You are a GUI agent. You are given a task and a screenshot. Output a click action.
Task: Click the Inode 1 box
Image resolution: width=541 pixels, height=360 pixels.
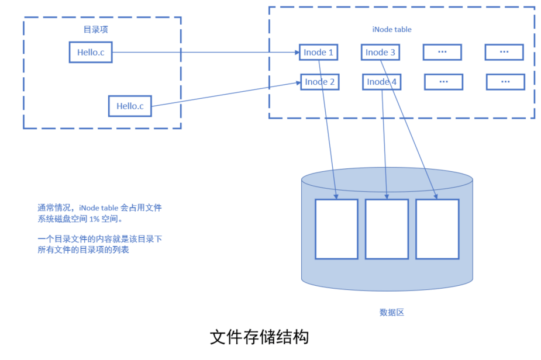tap(319, 53)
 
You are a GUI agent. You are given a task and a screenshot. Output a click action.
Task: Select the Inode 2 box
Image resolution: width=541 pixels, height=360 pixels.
tap(320, 82)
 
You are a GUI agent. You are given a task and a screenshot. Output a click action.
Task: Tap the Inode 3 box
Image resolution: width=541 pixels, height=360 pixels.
tap(380, 53)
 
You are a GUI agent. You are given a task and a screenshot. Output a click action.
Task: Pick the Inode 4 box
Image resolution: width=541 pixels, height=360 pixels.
tap(382, 82)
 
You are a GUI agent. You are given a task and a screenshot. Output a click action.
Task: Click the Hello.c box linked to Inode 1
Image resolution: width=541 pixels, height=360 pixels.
tap(91, 53)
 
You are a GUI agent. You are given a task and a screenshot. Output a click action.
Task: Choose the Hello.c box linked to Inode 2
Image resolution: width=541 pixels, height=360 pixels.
tap(130, 106)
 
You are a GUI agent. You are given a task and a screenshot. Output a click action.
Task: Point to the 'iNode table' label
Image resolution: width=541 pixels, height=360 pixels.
tap(392, 29)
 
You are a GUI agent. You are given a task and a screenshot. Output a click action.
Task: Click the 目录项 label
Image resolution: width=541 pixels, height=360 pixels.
tap(95, 29)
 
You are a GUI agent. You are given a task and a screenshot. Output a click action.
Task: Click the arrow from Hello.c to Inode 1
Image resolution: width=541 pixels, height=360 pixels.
tap(205, 53)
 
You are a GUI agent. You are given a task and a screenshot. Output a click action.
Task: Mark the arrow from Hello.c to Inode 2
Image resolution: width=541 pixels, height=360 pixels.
tap(225, 94)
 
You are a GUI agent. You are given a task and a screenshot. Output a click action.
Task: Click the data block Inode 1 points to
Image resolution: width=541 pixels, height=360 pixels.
tap(336, 229)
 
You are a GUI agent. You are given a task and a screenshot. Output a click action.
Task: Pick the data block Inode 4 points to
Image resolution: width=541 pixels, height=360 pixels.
tap(387, 229)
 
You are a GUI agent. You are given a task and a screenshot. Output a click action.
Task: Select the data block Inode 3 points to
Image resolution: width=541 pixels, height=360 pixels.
tap(437, 229)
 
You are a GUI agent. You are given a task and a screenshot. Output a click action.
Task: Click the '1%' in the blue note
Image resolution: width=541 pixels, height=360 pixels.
tap(95, 219)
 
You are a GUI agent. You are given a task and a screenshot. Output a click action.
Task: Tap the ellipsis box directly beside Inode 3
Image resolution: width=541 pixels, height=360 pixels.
tap(442, 53)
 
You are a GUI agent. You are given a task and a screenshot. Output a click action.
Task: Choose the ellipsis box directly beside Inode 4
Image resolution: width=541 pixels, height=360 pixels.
tap(443, 82)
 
